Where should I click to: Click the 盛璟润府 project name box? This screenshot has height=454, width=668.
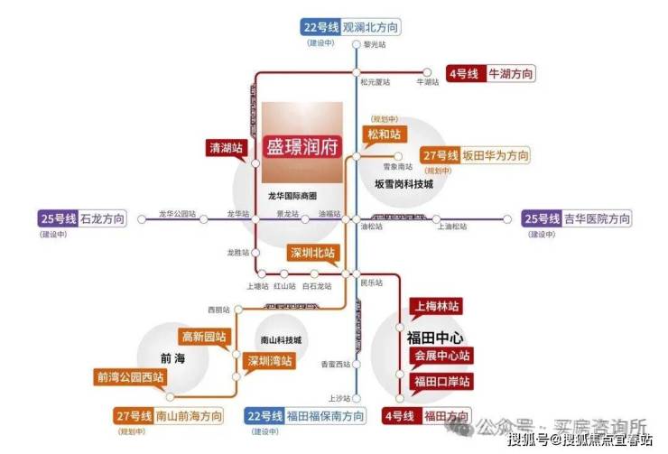(302, 144)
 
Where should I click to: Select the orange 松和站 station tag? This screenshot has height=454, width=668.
(381, 134)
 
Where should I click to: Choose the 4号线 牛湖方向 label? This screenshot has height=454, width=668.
(491, 73)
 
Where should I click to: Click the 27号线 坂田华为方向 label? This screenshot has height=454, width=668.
(475, 154)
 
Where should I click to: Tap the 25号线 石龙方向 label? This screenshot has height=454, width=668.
(80, 218)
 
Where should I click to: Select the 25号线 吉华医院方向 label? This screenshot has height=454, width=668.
(577, 218)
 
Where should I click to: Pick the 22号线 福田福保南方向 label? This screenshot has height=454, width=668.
(306, 416)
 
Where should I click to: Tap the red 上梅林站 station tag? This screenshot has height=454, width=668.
(437, 306)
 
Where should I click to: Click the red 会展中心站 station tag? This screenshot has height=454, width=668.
(442, 356)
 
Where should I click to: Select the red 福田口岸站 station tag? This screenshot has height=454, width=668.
(442, 382)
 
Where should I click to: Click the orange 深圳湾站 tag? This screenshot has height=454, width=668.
(270, 361)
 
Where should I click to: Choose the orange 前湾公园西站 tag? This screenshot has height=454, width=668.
(131, 377)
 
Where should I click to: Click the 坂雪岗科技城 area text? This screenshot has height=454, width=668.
(404, 183)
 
